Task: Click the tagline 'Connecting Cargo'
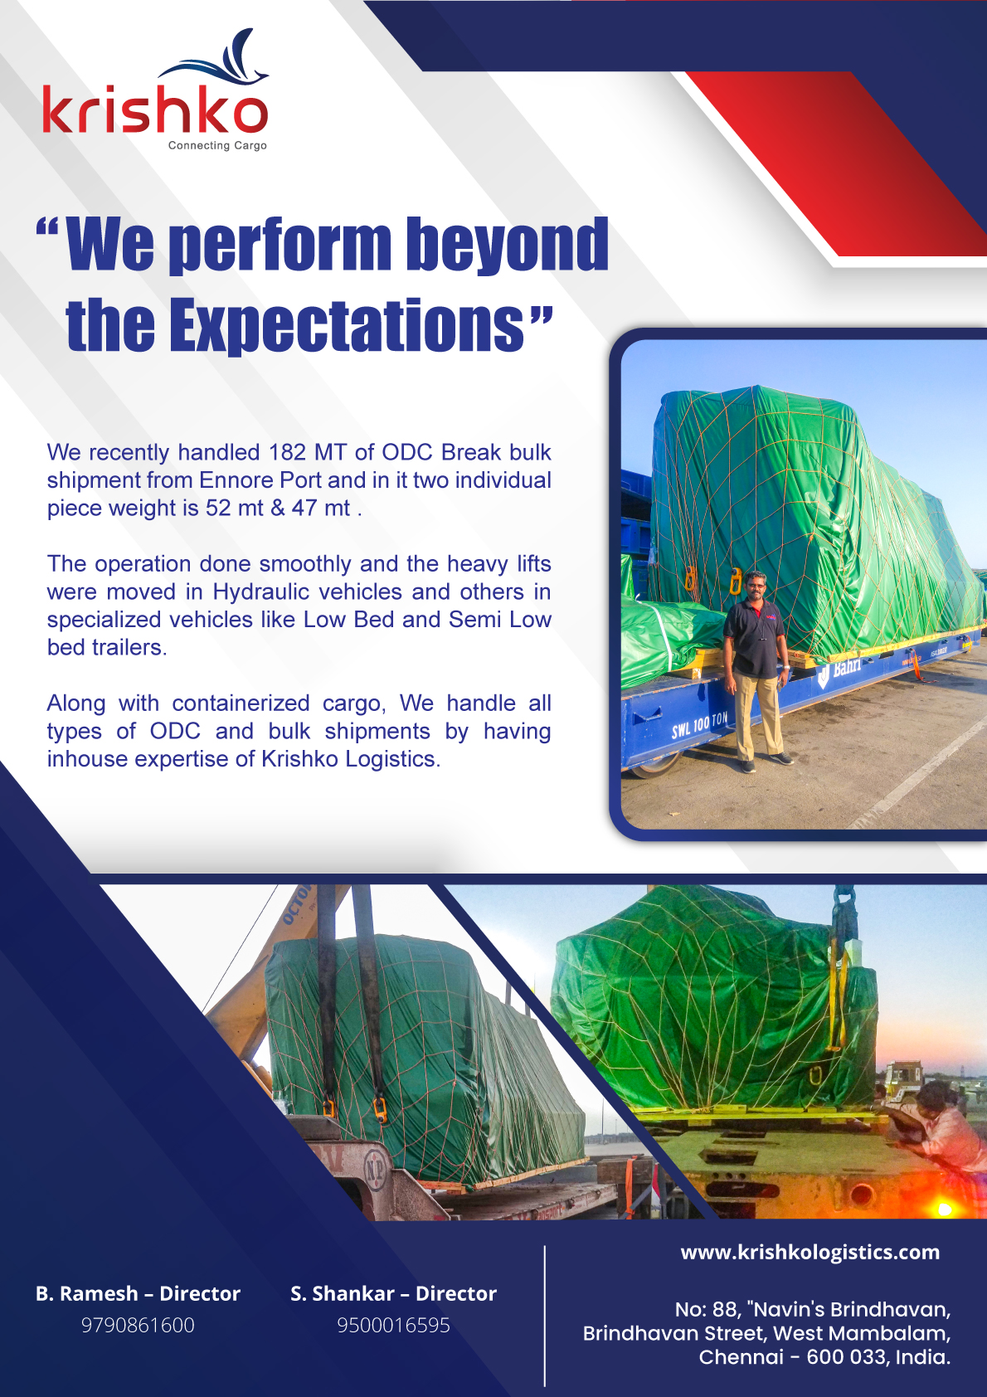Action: coord(217,145)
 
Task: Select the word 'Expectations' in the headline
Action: coord(346,325)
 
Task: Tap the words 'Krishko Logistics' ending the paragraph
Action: coord(350,759)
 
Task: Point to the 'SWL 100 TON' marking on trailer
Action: coord(699,726)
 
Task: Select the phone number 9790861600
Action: coord(138,1325)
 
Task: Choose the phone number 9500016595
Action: coord(393,1325)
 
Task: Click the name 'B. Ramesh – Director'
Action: coord(138,1293)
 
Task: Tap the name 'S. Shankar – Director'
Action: coord(393,1293)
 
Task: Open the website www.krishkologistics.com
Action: coord(810,1253)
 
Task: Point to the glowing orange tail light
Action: coord(945,1210)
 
